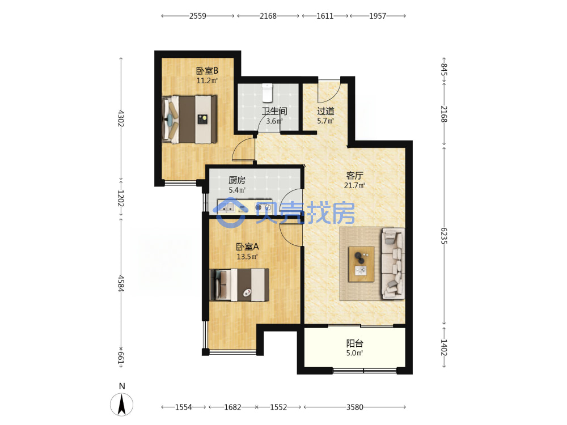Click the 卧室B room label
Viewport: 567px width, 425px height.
(x=207, y=71)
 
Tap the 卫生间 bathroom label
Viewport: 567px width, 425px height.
(x=274, y=111)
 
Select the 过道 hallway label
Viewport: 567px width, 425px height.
(x=325, y=111)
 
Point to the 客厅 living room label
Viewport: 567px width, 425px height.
(x=354, y=176)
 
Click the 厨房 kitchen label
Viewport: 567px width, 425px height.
(x=237, y=180)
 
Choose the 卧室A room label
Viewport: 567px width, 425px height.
(x=247, y=247)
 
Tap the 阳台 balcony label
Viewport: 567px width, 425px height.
(x=354, y=343)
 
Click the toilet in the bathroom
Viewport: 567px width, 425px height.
(x=267, y=92)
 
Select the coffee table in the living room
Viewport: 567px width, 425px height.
(x=361, y=264)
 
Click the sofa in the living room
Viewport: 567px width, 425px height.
(x=393, y=263)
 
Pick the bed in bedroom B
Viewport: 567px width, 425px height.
(x=190, y=119)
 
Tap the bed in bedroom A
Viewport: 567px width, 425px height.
(x=239, y=285)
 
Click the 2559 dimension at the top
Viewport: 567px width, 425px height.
(x=198, y=16)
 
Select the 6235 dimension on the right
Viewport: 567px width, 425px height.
(x=444, y=236)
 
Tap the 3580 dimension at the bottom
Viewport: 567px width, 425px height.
(x=355, y=407)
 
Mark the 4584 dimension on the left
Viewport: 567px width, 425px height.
(x=121, y=284)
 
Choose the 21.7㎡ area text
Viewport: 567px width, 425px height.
(x=354, y=185)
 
